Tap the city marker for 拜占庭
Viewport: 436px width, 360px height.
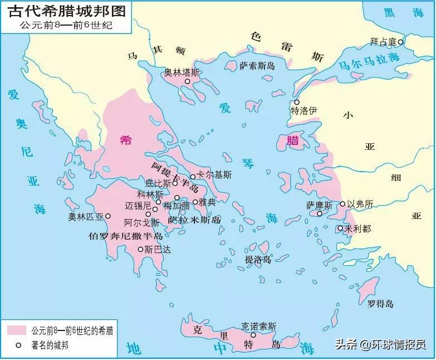click(400, 42)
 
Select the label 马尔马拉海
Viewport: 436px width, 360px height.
click(369, 62)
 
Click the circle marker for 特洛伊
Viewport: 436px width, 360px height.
click(297, 102)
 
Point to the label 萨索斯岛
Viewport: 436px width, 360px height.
click(257, 66)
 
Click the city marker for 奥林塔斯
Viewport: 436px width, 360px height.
click(188, 81)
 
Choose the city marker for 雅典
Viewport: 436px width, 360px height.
click(195, 202)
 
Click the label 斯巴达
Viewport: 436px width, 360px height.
click(157, 249)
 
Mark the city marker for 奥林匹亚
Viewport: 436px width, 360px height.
click(108, 216)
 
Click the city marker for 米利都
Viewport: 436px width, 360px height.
click(340, 228)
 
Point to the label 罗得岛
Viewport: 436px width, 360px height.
click(380, 304)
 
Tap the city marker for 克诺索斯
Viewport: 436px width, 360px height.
click(254, 335)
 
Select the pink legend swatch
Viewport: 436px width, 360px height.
click(17, 330)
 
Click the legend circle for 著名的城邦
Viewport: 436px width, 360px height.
click(18, 346)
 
